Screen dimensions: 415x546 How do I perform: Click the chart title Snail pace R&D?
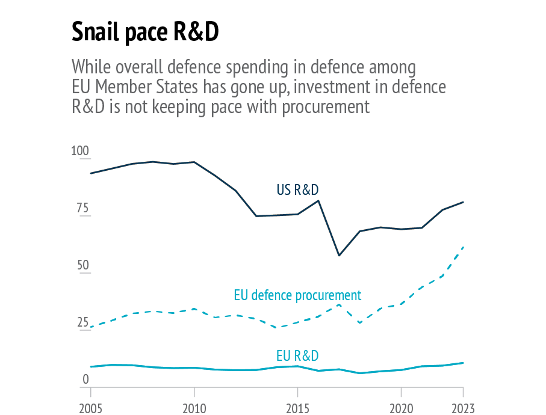pos(144,32)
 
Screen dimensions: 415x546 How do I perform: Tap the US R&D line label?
pos(297,190)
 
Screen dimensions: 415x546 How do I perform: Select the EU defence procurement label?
pos(297,295)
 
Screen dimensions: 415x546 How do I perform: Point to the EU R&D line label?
pos(297,355)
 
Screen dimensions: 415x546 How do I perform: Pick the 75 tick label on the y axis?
pos(82,209)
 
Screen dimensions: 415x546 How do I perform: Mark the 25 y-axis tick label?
pos(82,322)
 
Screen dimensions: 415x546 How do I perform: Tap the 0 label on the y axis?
pos(85,380)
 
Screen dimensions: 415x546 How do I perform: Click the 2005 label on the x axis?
pos(91,408)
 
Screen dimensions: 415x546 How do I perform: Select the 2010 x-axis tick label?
pos(194,408)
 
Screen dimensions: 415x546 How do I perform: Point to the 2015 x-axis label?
pos(297,408)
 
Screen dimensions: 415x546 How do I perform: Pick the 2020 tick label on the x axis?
pos(401,408)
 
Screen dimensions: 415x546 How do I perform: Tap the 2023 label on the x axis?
pos(462,408)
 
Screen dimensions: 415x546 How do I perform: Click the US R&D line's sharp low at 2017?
pos(339,256)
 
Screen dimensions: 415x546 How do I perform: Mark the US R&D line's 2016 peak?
pos(318,200)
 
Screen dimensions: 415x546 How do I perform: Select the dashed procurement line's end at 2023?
pos(463,247)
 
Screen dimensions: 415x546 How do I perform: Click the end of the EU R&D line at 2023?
pos(463,363)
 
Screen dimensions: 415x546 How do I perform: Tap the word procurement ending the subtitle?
pos(326,107)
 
